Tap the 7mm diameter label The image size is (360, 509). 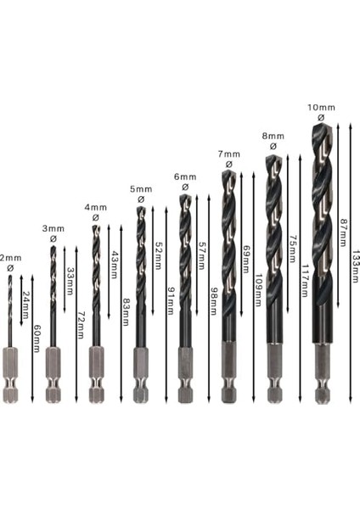click(228, 154)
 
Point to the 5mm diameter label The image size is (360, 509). click(141, 188)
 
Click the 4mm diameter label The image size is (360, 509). click(95, 207)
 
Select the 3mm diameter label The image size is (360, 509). click(53, 228)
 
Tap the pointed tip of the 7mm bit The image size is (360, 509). click(227, 172)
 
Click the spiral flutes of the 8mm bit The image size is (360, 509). click(273, 221)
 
